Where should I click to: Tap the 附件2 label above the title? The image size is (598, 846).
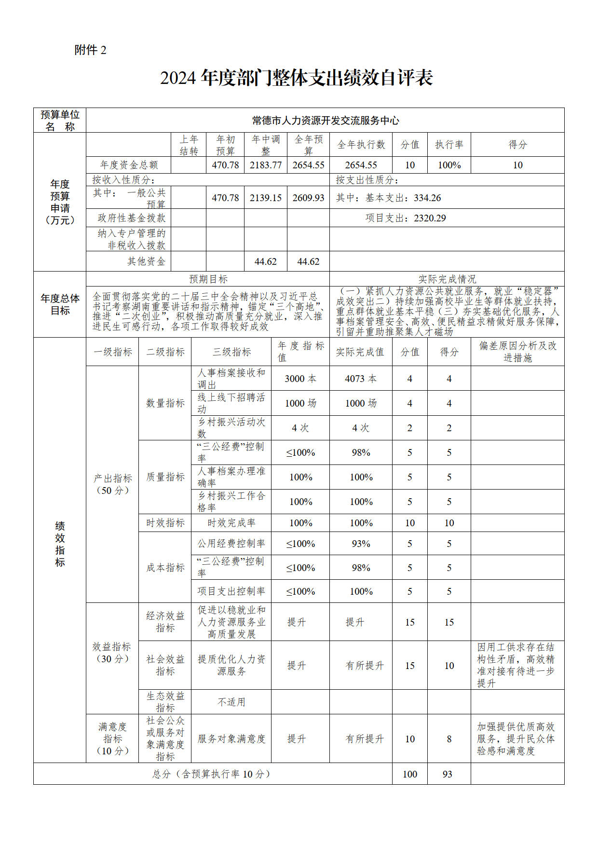[90, 50]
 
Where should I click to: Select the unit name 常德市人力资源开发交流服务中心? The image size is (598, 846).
[325, 121]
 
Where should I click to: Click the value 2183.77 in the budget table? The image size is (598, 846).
[266, 165]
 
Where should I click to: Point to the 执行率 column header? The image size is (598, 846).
[449, 145]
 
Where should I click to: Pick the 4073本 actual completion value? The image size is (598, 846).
[361, 379]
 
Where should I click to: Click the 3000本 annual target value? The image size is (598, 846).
[300, 379]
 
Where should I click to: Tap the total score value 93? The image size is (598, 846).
[448, 774]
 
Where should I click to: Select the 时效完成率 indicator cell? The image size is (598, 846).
[231, 523]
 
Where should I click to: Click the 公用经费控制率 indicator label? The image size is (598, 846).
[231, 544]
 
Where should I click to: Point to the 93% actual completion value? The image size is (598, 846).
[361, 544]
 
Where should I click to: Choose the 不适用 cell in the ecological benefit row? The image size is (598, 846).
[231, 702]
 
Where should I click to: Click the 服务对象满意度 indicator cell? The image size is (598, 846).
[231, 738]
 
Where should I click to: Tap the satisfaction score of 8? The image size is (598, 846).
[449, 738]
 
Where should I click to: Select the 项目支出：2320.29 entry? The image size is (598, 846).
[405, 218]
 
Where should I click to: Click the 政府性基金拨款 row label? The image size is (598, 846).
[131, 218]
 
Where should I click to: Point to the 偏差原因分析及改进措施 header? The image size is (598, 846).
[517, 352]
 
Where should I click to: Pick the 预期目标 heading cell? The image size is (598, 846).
[208, 279]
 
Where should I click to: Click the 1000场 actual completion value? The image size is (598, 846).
[361, 403]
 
